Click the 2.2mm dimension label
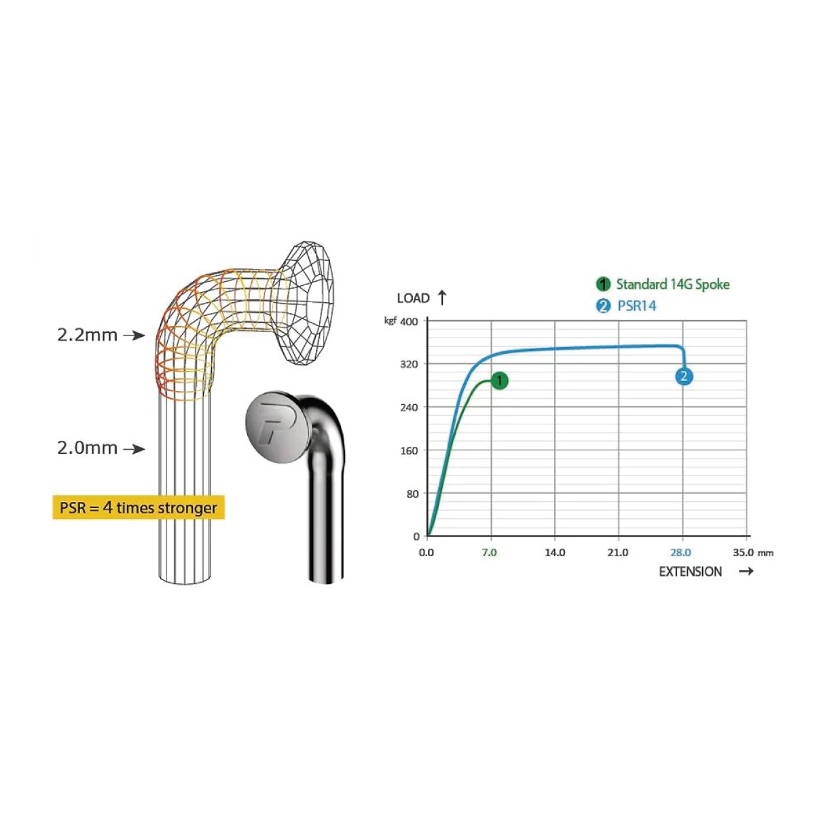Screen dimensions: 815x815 pos(87,335)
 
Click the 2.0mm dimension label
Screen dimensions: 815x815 pos(87,448)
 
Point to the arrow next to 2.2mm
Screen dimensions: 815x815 pos(134,336)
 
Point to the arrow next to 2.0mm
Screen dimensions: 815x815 pos(134,449)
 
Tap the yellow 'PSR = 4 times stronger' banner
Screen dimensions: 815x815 pos(139,507)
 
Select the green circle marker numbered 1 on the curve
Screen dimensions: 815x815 pos(499,381)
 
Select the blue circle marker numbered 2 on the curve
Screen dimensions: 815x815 pos(684,376)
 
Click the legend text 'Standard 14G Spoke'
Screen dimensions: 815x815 pos(672,284)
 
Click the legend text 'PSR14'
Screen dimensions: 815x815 pos(637,306)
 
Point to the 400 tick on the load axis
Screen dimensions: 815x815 pos(409,322)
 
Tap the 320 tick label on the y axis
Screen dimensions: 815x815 pos(409,364)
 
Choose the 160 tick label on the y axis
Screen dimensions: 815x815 pos(409,450)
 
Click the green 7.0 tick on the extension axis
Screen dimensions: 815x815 pos(489,553)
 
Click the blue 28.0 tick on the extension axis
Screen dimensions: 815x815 pos(681,553)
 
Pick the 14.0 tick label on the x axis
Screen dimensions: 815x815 pos(555,553)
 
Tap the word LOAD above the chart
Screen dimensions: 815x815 pos(413,298)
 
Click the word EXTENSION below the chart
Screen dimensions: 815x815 pos(690,572)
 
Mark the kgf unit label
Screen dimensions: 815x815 pos(391,321)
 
